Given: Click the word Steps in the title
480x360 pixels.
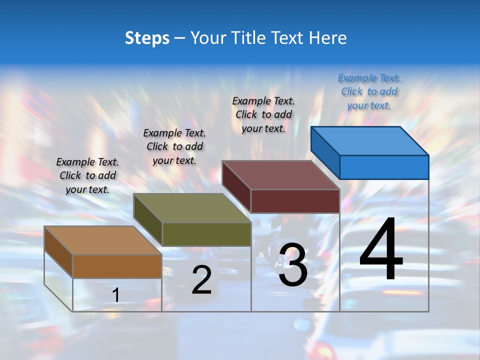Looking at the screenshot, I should pyautogui.click(x=147, y=38).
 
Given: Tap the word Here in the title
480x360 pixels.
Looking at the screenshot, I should pyautogui.click(x=328, y=38).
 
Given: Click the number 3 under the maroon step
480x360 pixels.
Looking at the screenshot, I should pyautogui.click(x=293, y=265).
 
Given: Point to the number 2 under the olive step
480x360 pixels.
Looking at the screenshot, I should pyautogui.click(x=202, y=280).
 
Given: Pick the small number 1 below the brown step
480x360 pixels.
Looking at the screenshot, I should pyautogui.click(x=116, y=295).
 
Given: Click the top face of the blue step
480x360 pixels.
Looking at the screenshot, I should pyautogui.click(x=370, y=141).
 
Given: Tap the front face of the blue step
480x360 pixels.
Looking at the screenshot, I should pyautogui.click(x=384, y=167).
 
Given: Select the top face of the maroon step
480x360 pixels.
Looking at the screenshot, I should pyautogui.click(x=281, y=175).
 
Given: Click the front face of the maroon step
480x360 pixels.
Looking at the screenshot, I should pyautogui.click(x=295, y=201).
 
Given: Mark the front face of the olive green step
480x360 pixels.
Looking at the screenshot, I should pyautogui.click(x=206, y=234).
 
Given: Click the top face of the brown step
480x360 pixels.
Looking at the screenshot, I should pyautogui.click(x=103, y=240).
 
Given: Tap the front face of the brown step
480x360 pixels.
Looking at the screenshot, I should pyautogui.click(x=117, y=266).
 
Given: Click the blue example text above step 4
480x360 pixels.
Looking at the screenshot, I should pyautogui.click(x=369, y=92).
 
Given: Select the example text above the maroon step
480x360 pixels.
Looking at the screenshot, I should pyautogui.click(x=263, y=114).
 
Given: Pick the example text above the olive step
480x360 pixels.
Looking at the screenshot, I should pyautogui.click(x=174, y=146).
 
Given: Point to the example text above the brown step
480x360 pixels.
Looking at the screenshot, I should pyautogui.click(x=87, y=175).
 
